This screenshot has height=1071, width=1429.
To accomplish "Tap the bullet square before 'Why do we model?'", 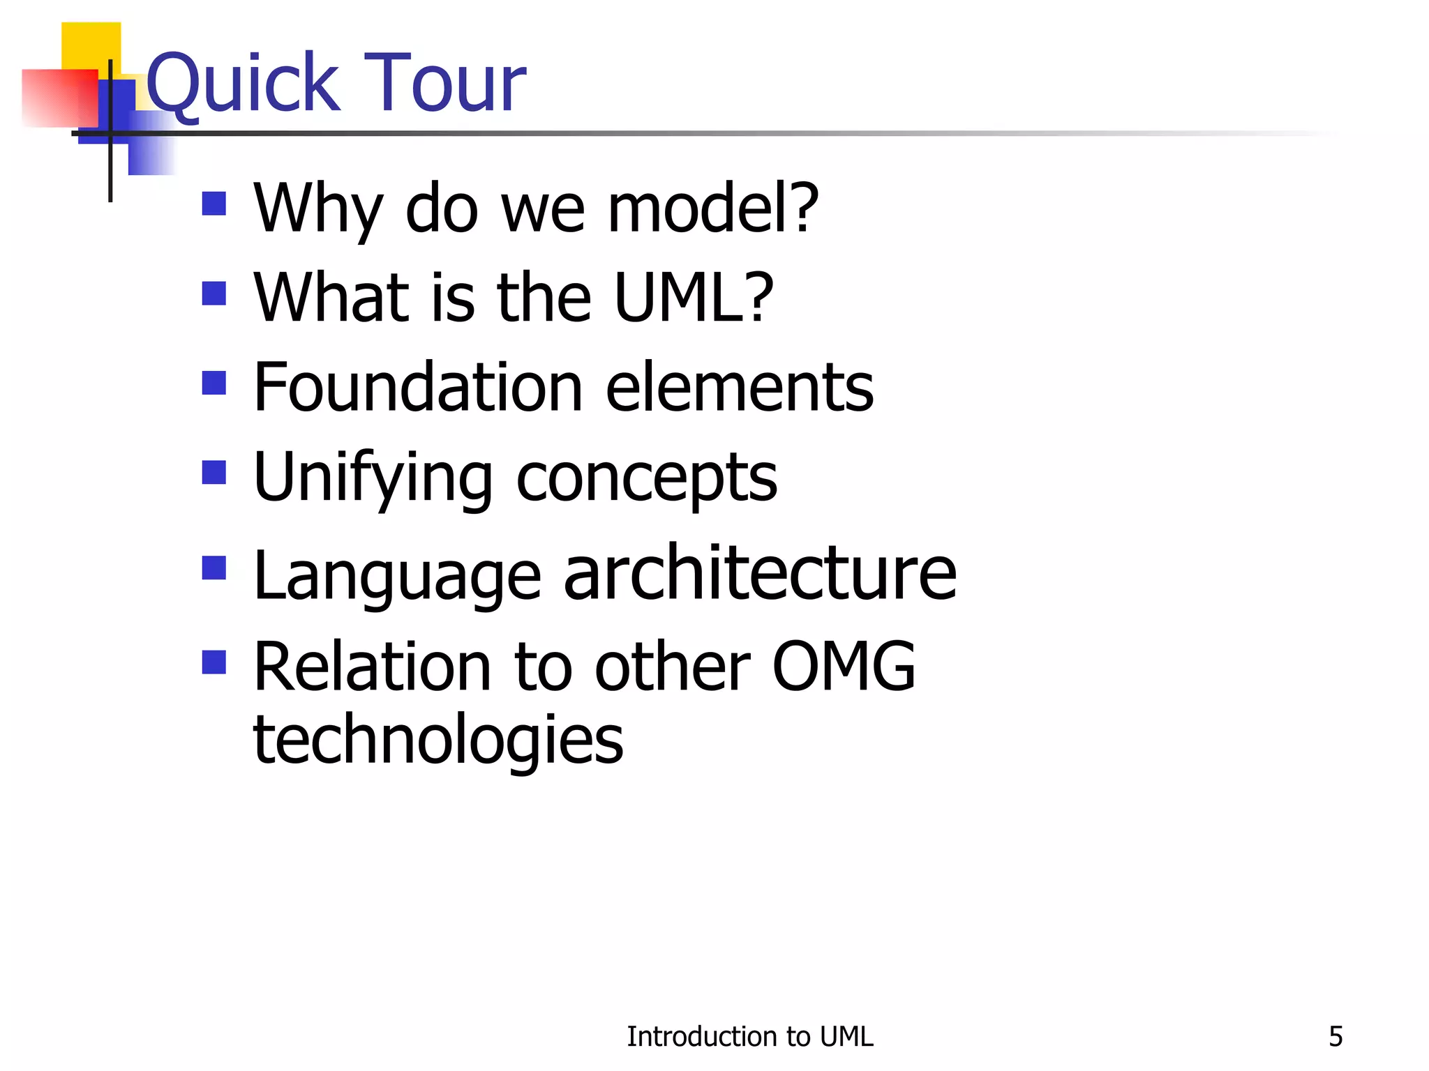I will pos(214,204).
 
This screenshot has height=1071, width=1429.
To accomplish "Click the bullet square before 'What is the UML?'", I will pos(214,294).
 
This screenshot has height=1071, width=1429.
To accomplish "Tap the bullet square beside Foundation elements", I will pos(214,383).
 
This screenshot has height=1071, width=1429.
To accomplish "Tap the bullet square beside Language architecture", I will pos(214,568).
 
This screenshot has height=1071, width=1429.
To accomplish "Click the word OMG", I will pos(844,667).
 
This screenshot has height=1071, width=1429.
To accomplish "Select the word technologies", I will pos(438,740).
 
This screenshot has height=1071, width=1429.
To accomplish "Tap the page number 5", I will pos(1336,1037).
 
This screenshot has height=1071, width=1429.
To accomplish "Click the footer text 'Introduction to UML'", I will pos(749,1037).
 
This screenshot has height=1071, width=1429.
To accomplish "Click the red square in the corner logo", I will pos(59,98).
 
